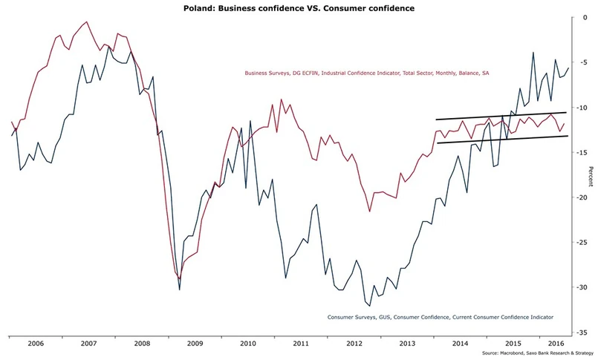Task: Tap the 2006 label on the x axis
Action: click(x=36, y=344)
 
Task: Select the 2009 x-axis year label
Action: click(x=195, y=344)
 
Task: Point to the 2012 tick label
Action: click(x=354, y=344)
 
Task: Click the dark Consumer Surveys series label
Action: click(x=441, y=317)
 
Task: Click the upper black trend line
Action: click(x=501, y=116)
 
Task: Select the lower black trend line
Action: click(x=501, y=140)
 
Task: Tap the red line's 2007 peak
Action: click(x=88, y=22)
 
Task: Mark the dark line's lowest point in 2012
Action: click(x=369, y=305)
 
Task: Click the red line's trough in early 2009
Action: click(x=179, y=278)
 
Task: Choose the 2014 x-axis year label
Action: click(x=460, y=344)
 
